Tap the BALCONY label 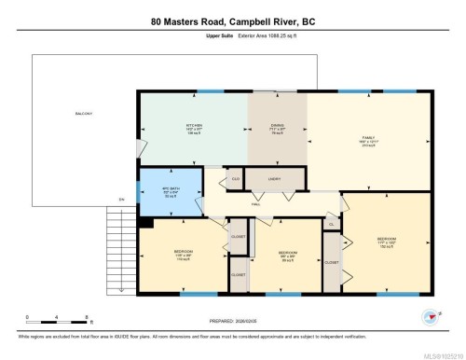tap(84, 114)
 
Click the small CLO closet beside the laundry tap(236, 178)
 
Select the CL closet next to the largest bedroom tap(332, 224)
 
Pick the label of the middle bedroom tap(288, 255)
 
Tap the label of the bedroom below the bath tap(184, 254)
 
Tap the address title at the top tap(232, 20)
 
